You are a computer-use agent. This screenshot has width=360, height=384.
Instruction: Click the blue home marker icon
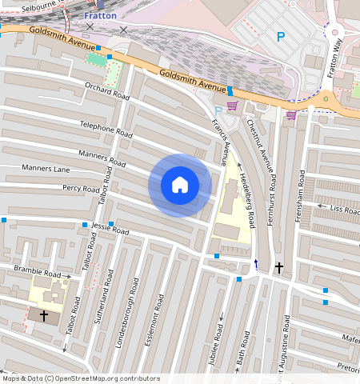click(180, 185)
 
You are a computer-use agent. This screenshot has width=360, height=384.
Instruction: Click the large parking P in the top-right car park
click(280, 36)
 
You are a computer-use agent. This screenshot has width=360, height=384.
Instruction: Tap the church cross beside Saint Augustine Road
click(278, 267)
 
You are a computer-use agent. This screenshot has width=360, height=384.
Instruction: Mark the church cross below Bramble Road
click(44, 316)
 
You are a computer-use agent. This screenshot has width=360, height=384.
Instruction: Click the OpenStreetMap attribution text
click(80, 378)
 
